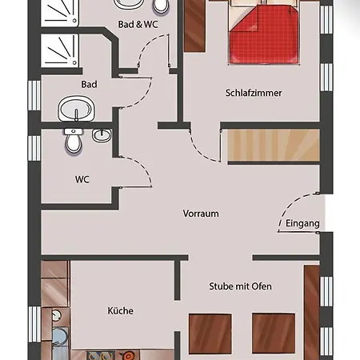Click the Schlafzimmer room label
click(254, 93)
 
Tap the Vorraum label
click(201, 214)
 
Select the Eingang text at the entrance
click(302, 223)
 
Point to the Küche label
click(121, 310)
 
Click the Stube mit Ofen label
click(240, 286)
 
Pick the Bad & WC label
click(138, 24)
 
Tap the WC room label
click(82, 179)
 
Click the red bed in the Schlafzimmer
click(264, 34)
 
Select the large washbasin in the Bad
click(76, 109)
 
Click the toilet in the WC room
click(73, 142)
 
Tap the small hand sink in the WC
click(102, 135)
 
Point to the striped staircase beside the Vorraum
click(274, 146)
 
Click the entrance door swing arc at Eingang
click(291, 205)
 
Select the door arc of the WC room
click(142, 166)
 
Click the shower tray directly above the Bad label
click(60, 50)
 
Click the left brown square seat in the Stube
click(210, 334)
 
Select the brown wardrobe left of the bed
click(194, 26)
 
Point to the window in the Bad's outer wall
click(34, 95)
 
